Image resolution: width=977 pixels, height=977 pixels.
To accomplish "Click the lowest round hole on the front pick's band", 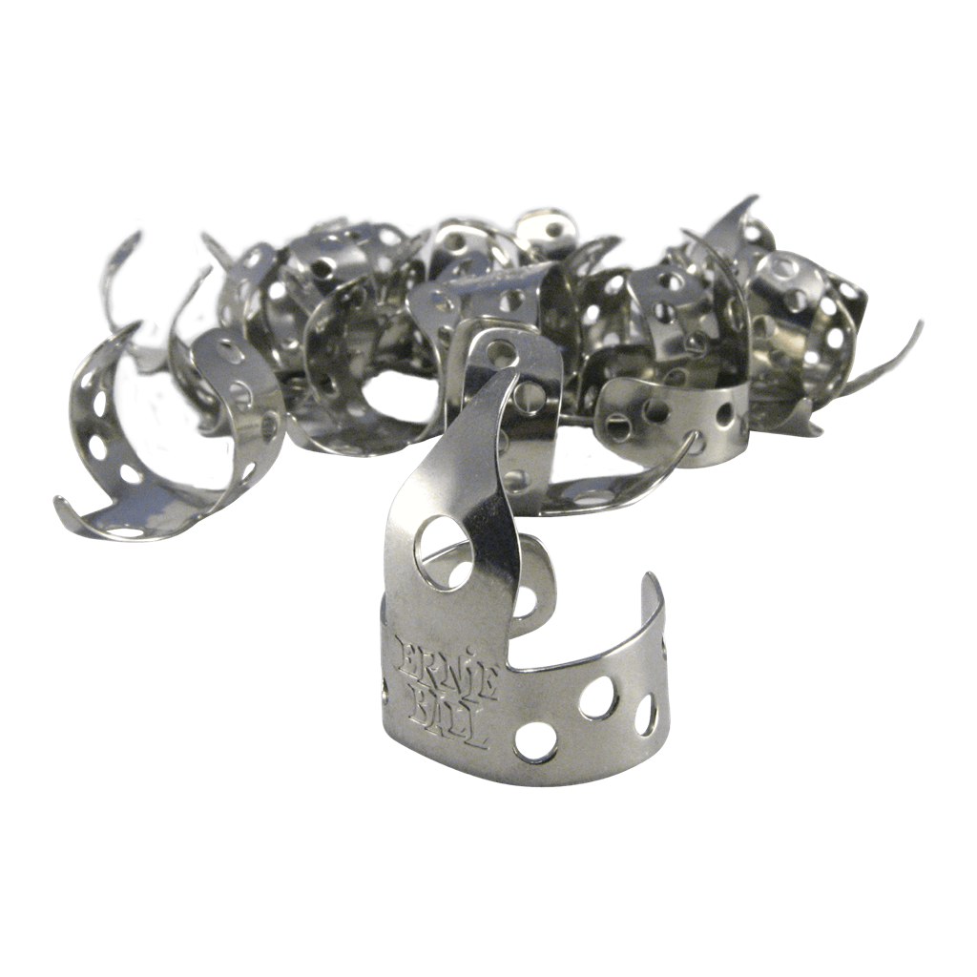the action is (x=535, y=742).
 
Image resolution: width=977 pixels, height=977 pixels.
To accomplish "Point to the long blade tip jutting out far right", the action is (x=917, y=325).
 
